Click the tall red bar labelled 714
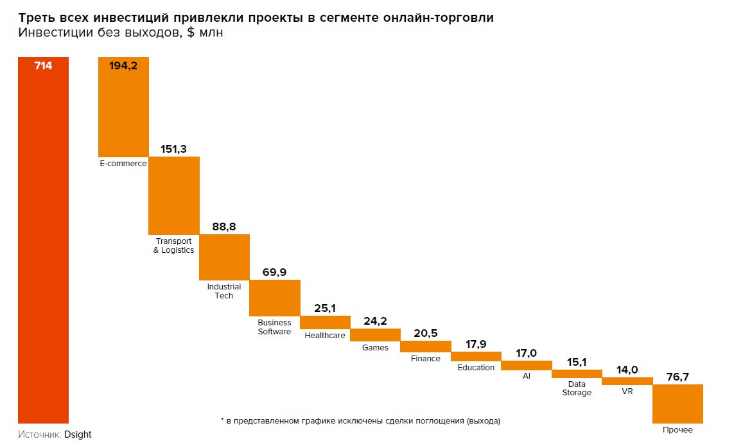click(43, 244)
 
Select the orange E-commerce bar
click(123, 109)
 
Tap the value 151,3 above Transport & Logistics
click(173, 149)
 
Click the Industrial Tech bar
click(224, 257)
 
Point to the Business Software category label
click(274, 327)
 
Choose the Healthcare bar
click(325, 321)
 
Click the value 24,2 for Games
click(375, 322)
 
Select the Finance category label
click(426, 359)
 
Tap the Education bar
click(476, 356)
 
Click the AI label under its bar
click(527, 375)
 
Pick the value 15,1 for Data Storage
click(577, 362)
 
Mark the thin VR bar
click(627, 381)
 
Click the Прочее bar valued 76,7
click(677, 404)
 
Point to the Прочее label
click(677, 430)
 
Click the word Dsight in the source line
click(78, 434)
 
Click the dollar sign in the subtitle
click(193, 33)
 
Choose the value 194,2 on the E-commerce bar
click(123, 65)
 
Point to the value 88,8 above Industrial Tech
click(224, 227)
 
